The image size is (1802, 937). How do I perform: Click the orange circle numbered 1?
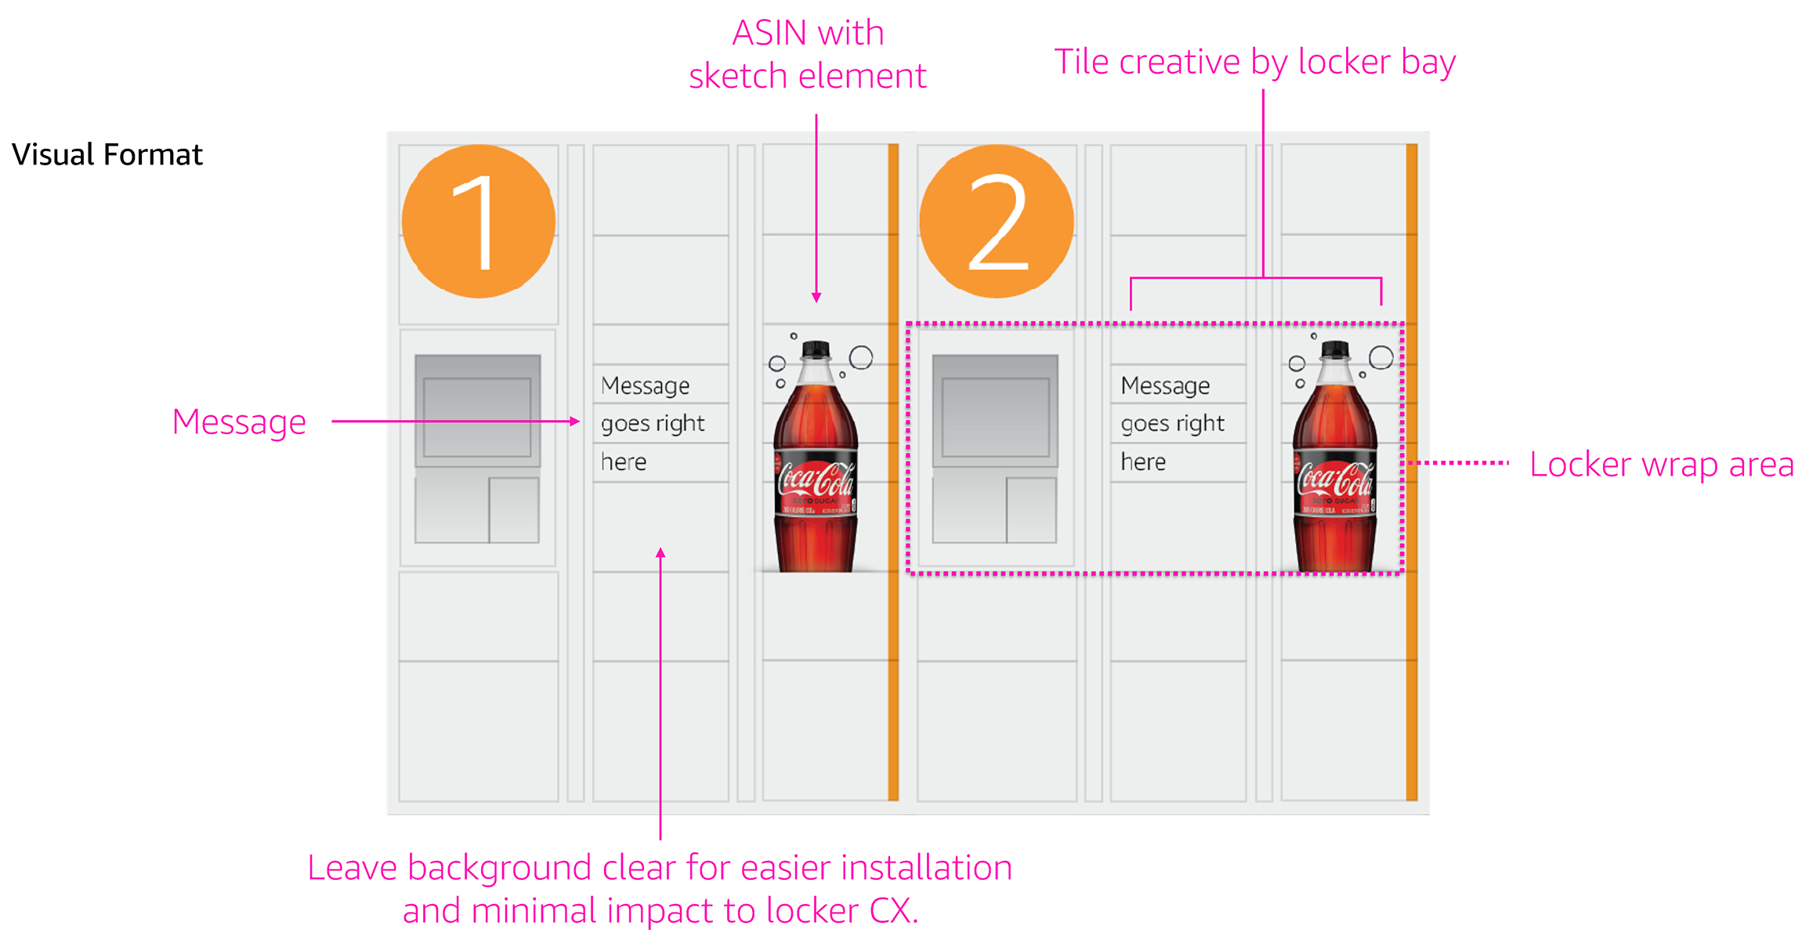[x=478, y=222]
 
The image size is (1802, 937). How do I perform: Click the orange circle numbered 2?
[x=997, y=222]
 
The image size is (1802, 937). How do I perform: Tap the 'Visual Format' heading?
[x=107, y=154]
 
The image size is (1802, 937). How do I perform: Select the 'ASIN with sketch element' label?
[x=808, y=55]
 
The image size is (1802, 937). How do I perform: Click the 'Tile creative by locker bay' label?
[x=1254, y=62]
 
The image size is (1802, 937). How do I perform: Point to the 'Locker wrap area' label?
[x=1661, y=465]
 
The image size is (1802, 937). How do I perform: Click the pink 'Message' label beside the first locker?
[x=239, y=422]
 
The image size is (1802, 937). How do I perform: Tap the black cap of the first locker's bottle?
[x=816, y=349]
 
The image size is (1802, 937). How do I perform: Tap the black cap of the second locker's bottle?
[x=1335, y=349]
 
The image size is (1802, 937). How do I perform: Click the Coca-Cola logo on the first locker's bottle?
[x=815, y=479]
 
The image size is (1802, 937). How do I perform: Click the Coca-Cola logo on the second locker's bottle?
[x=1334, y=479]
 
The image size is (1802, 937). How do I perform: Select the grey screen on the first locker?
[x=477, y=411]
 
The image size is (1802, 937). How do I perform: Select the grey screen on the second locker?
[x=995, y=411]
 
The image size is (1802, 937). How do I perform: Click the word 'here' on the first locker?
[x=624, y=462]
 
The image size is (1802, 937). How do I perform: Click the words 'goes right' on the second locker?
[x=1172, y=424]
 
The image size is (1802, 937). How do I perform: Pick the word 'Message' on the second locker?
[x=1165, y=385]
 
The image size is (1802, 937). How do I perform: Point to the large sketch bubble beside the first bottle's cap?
[x=861, y=357]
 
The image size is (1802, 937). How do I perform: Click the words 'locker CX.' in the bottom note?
[x=841, y=911]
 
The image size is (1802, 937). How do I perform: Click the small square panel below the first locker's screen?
[x=514, y=510]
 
